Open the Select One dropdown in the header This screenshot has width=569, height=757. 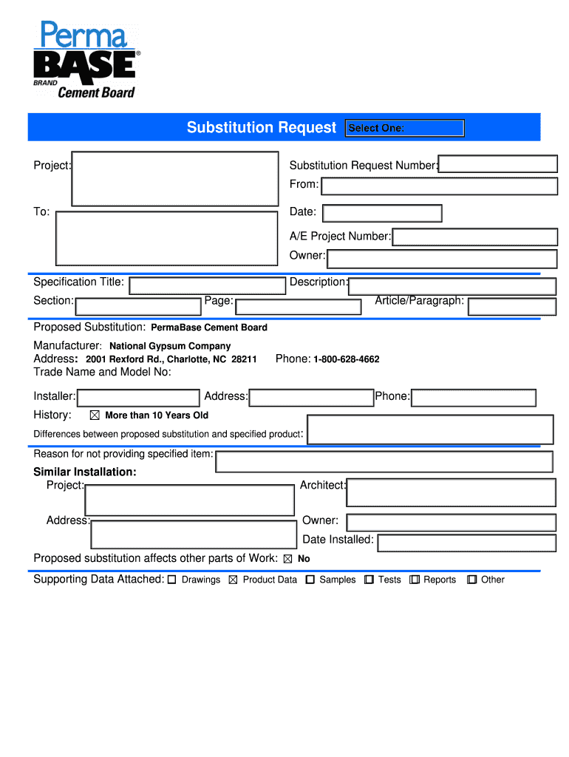point(404,128)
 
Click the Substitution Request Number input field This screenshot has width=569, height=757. point(498,164)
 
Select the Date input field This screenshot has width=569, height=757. point(382,213)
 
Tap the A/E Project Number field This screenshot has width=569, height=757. point(475,237)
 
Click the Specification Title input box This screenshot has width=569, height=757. point(207,285)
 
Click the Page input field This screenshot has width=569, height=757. point(298,305)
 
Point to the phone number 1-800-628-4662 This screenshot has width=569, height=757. point(347,359)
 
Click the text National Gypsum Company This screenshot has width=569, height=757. point(170,346)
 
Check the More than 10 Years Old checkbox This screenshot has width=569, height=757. point(94,415)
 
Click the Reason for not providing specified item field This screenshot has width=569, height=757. point(384,461)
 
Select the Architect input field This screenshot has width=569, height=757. point(451,492)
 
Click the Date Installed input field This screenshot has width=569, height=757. point(466,543)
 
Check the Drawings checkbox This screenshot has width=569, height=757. point(171,580)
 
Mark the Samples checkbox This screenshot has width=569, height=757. point(310,580)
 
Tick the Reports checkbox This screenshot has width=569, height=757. point(415,580)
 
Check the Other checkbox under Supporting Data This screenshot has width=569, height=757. point(471,580)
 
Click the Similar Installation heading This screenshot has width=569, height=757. point(85,472)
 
